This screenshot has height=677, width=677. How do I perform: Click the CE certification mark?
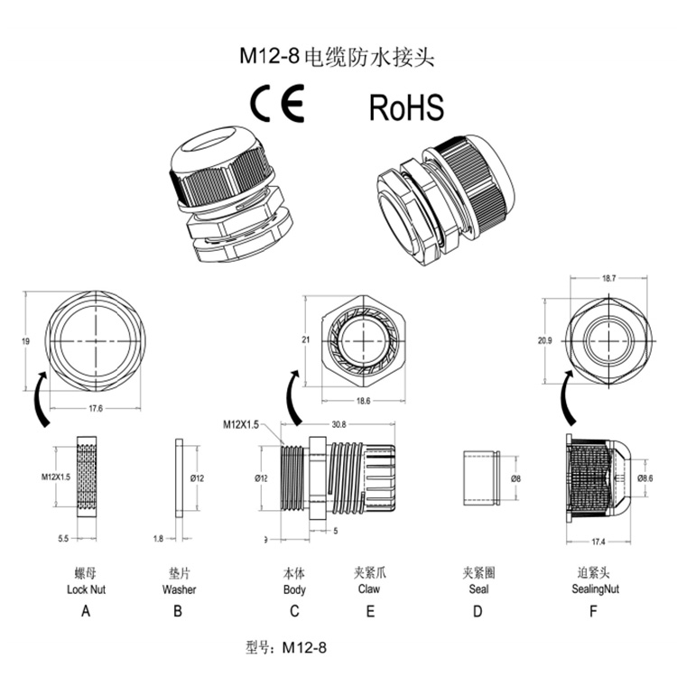277,107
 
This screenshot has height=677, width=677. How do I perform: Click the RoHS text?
406,107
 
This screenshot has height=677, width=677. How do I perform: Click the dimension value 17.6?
96,408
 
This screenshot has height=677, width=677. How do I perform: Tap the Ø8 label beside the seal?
515,478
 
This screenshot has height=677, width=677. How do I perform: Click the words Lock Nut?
87,589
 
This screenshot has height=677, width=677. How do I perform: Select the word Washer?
179,589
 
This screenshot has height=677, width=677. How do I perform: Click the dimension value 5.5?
64,539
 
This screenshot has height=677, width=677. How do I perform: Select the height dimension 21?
307,339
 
